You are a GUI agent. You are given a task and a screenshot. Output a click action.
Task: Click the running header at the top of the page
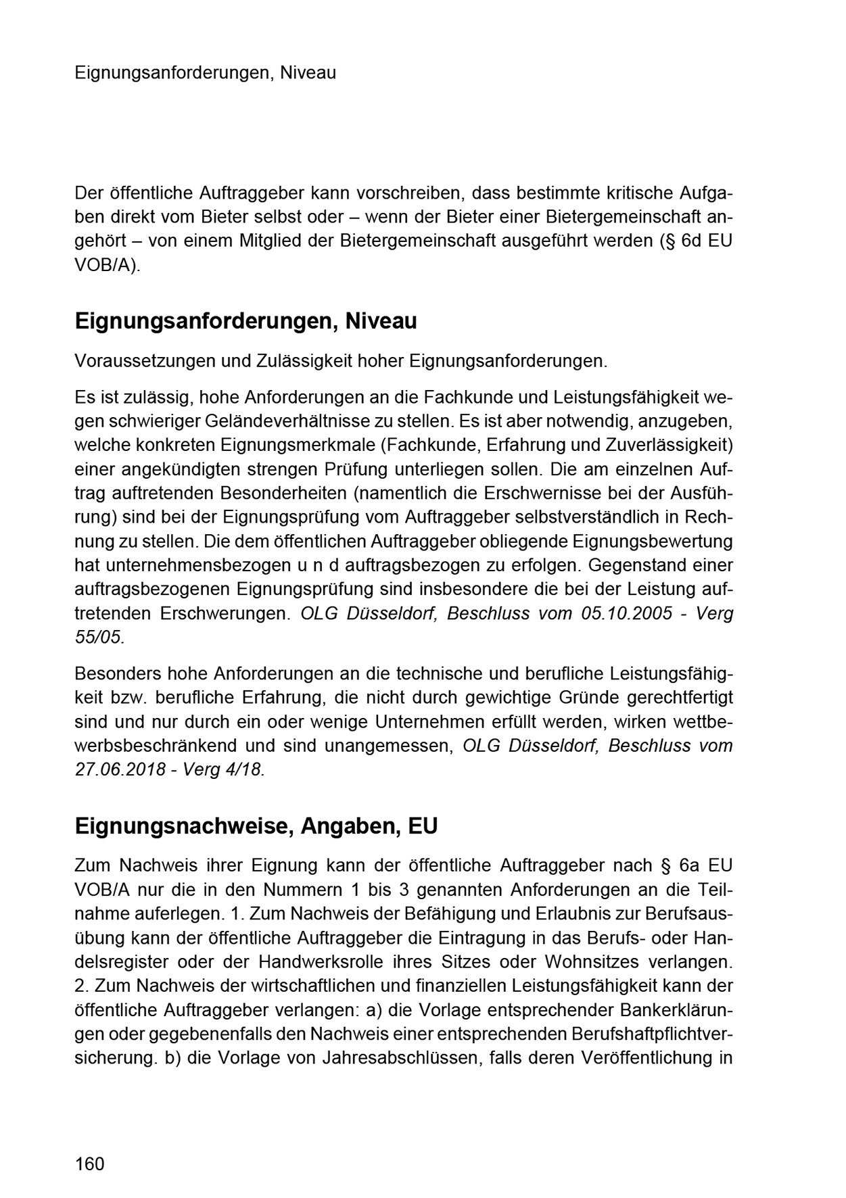click(206, 72)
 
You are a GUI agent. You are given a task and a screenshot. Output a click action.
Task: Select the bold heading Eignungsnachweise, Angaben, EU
click(256, 826)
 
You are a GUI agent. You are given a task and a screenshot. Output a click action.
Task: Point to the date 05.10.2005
click(626, 613)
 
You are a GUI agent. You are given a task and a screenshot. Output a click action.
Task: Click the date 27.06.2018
click(120, 769)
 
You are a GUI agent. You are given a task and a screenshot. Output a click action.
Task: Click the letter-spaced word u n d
click(327, 565)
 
